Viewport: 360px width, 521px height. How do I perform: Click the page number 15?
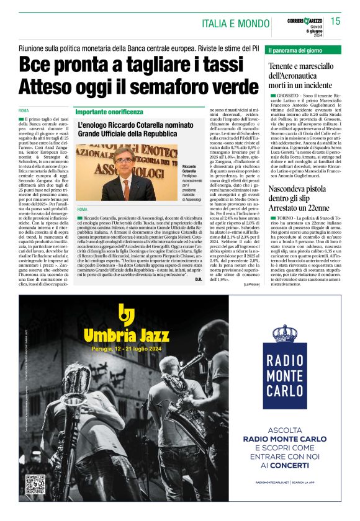336,22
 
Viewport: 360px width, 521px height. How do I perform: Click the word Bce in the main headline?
37,65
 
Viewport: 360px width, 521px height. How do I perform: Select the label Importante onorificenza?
107,112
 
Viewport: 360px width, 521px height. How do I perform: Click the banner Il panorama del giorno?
295,49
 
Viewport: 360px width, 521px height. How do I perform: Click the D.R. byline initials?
198,280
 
